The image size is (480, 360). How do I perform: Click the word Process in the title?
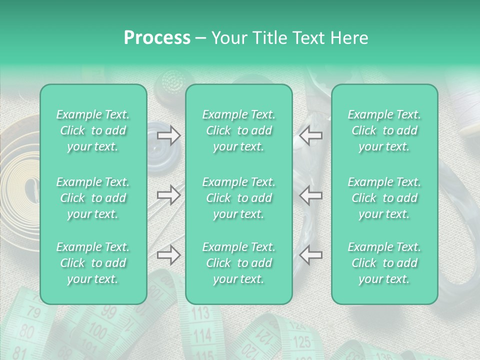coord(157,38)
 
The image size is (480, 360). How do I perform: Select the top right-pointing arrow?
coord(169,135)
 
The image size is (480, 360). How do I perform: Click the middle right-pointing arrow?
coord(169,195)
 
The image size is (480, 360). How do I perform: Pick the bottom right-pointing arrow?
coord(169,255)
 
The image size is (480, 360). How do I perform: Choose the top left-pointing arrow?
coord(310,135)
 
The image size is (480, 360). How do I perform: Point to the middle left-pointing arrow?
coord(310,195)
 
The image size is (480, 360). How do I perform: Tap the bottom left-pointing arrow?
coord(310,255)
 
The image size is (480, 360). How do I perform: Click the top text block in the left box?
coord(93,130)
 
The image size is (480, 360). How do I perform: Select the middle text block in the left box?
coord(93,198)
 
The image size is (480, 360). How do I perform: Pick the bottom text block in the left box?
coord(93,263)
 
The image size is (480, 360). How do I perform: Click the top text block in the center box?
coord(239,130)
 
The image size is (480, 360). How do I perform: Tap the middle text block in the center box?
coord(239,198)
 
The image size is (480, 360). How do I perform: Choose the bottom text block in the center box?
coord(239,263)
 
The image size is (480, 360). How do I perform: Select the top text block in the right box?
coord(384,130)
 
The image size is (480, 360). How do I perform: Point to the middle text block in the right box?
coord(384,198)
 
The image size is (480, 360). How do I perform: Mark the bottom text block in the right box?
coord(384,263)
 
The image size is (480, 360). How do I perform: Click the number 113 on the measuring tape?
coord(200,314)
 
